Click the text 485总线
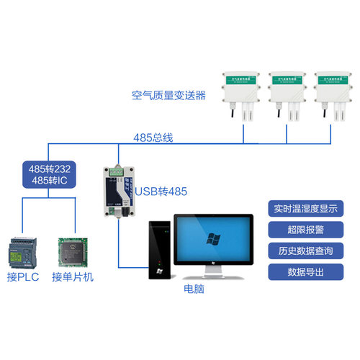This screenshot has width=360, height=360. tap(153, 136)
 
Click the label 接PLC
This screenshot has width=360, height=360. tap(24, 277)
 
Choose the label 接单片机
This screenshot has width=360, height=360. tap(73, 277)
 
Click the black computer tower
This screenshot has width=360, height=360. tap(159, 249)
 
